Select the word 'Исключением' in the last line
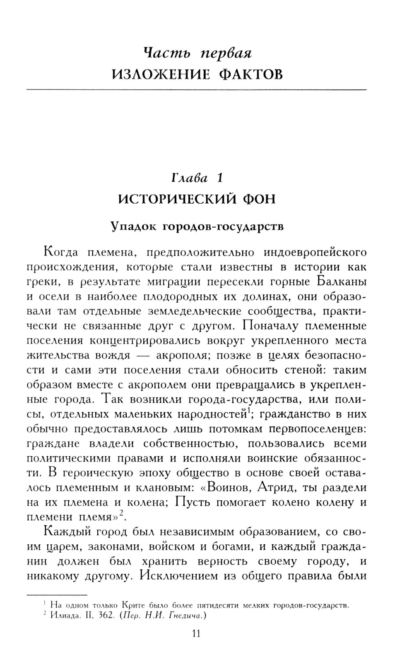pyautogui.click(x=179, y=576)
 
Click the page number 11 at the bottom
pyautogui.click(x=196, y=633)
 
